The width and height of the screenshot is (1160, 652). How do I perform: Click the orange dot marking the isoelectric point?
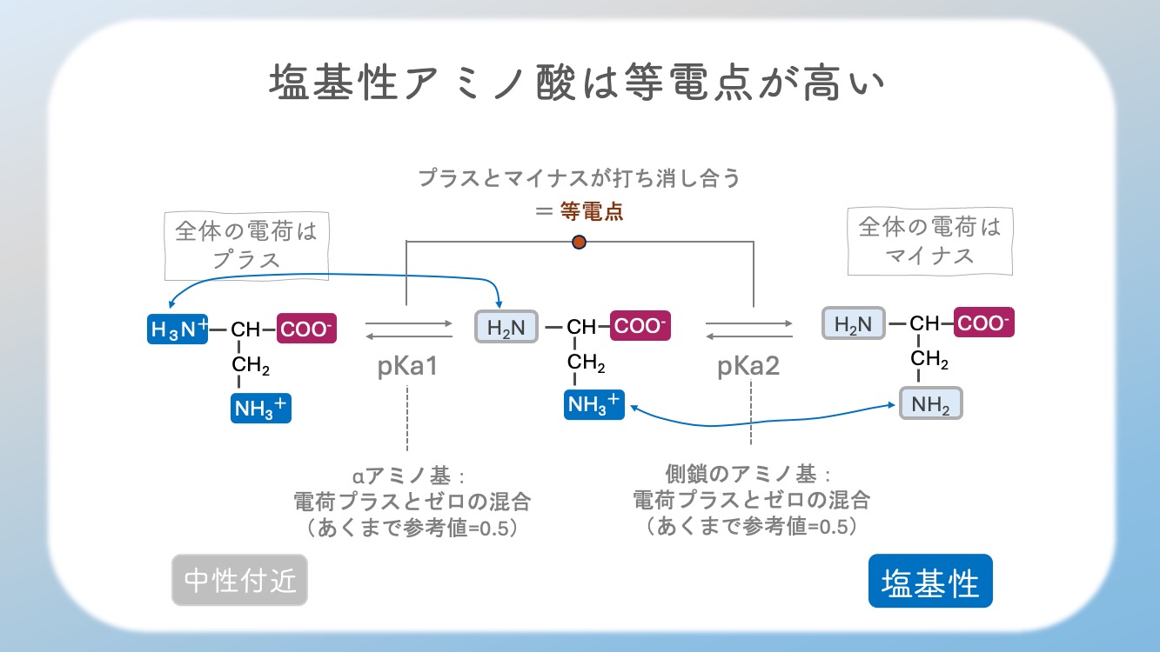[x=579, y=243]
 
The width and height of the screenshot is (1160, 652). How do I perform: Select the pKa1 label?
[x=407, y=366]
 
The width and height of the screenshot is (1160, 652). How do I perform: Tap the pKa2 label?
[x=748, y=366]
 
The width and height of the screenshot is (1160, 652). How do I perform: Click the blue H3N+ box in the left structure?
[x=178, y=329]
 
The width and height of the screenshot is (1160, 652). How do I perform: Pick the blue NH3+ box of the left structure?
[x=261, y=408]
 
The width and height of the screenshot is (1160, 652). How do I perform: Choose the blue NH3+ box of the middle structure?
[x=594, y=404]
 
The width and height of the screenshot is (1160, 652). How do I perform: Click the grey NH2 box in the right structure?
[x=930, y=403]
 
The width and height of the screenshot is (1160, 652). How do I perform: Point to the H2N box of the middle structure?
[x=506, y=327]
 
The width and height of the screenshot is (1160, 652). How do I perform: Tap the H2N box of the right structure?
[x=854, y=323]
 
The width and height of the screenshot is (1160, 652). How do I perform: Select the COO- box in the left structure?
[x=306, y=328]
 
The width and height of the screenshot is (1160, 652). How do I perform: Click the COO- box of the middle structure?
[x=640, y=325]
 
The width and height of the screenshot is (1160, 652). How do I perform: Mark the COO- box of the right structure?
[x=984, y=323]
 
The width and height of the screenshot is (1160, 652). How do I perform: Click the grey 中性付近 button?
[x=240, y=580]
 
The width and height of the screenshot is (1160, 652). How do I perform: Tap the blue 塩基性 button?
[x=930, y=581]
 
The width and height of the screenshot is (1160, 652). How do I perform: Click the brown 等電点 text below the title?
[x=592, y=211]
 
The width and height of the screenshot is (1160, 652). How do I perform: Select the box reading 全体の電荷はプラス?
[x=246, y=246]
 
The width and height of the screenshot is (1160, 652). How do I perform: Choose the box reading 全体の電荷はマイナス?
[x=930, y=241]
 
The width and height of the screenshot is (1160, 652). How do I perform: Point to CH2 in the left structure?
[x=251, y=365]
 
